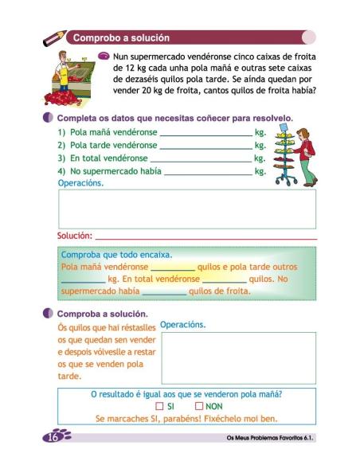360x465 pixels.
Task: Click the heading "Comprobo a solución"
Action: coord(119,37)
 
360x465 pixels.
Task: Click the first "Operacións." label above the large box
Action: coord(80,182)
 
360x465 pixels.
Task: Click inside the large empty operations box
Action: coord(186,209)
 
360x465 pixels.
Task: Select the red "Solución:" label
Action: coord(74,236)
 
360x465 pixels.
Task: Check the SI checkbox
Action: coord(159,406)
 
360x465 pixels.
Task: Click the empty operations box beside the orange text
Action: coord(238,358)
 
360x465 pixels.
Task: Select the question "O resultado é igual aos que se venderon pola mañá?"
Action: coord(187,393)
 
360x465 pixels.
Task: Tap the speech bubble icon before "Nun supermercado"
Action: coord(104,57)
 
